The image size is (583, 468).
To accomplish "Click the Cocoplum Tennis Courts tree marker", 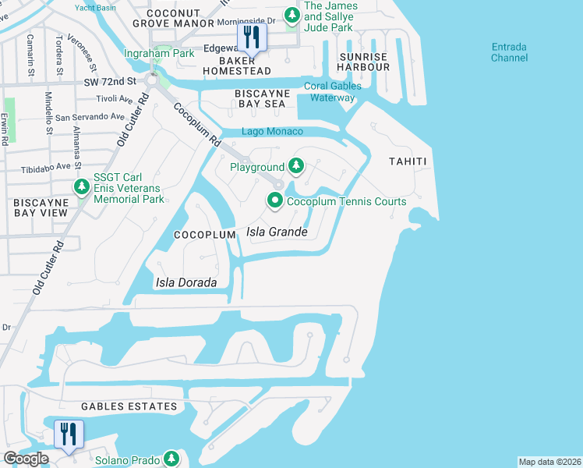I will click(275, 201).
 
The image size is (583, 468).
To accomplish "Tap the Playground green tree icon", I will click(295, 166).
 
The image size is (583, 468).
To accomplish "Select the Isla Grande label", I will click(277, 232).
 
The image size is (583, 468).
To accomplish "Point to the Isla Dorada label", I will click(186, 282).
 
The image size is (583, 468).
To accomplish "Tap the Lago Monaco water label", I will click(272, 132).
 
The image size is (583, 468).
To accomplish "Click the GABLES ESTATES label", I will click(129, 406).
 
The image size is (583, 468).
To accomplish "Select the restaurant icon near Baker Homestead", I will click(251, 36).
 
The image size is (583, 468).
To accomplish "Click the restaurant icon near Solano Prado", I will click(69, 434).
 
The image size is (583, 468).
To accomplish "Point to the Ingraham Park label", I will click(159, 54).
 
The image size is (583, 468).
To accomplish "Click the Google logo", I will click(26, 459).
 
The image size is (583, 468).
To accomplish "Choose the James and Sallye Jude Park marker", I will click(291, 15).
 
